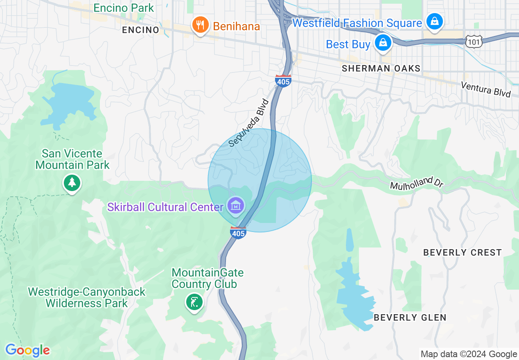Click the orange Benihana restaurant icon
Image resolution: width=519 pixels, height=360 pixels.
click(199, 25)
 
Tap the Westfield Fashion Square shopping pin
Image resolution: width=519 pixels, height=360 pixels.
click(434, 21)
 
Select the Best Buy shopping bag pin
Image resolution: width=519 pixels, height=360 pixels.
click(383, 43)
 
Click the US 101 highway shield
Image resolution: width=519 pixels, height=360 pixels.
click(474, 40)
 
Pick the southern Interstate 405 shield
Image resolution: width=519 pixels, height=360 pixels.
click(238, 232)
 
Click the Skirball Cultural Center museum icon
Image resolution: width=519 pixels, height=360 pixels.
click(236, 205)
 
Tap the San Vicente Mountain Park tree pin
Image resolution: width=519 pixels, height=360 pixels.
click(72, 182)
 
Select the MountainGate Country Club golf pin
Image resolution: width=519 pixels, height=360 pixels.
click(194, 302)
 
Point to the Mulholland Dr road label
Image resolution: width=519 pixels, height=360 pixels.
click(417, 184)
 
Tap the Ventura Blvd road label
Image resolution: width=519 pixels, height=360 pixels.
click(486, 89)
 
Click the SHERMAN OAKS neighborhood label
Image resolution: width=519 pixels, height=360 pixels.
click(381, 68)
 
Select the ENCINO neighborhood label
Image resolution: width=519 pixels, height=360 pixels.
click(140, 30)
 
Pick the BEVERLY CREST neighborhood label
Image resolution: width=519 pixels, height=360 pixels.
click(463, 252)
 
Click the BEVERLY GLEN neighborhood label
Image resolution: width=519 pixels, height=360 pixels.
click(410, 317)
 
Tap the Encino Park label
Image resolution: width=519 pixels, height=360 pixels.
click(124, 8)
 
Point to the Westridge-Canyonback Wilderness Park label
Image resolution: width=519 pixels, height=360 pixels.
click(87, 297)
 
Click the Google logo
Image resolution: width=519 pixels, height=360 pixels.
click(27, 350)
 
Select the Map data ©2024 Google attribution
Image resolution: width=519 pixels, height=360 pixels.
click(469, 354)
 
